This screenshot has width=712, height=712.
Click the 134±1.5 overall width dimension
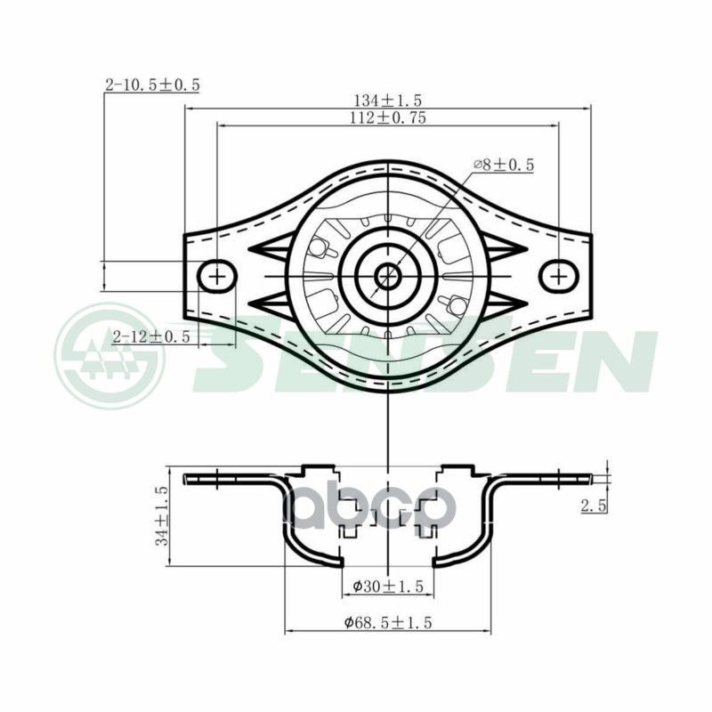point(388,100)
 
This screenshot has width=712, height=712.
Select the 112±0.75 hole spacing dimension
point(388,118)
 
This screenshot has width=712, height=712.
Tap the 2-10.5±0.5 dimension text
point(152,85)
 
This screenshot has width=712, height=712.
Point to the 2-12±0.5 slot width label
point(151,336)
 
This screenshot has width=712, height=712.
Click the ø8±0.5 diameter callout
point(503,165)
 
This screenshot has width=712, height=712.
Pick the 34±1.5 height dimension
point(162,516)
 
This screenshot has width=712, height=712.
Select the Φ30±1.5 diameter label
point(388,587)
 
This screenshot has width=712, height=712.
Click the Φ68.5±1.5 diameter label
point(388,621)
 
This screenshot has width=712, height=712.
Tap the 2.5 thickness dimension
point(595,506)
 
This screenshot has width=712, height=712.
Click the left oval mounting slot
point(217,276)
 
